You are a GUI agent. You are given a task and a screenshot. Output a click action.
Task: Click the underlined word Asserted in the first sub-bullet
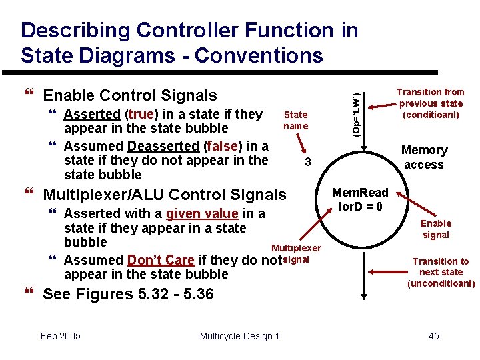tap(92, 114)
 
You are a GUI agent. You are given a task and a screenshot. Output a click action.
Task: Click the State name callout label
tap(295, 121)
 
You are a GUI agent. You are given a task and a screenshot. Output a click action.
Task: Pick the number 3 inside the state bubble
tap(307, 163)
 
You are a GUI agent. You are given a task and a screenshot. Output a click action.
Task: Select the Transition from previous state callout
tap(430, 103)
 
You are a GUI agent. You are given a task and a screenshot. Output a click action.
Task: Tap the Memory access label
tap(424, 157)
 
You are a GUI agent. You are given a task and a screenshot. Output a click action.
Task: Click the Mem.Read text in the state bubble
tap(361, 193)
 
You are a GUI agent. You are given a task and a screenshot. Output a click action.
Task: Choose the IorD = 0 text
tap(361, 207)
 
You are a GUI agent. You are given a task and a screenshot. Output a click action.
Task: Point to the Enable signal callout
tap(436, 229)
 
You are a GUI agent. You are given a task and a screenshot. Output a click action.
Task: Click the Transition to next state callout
tap(441, 272)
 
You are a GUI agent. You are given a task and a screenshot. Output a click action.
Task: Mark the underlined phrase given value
tap(202, 214)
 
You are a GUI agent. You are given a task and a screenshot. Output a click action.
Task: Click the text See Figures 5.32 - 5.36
tap(128, 294)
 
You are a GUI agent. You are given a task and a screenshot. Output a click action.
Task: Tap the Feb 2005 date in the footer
tap(60, 335)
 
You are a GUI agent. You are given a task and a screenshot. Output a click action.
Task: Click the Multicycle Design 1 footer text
tap(239, 335)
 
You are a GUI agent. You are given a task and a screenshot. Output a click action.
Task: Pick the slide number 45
tap(433, 335)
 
